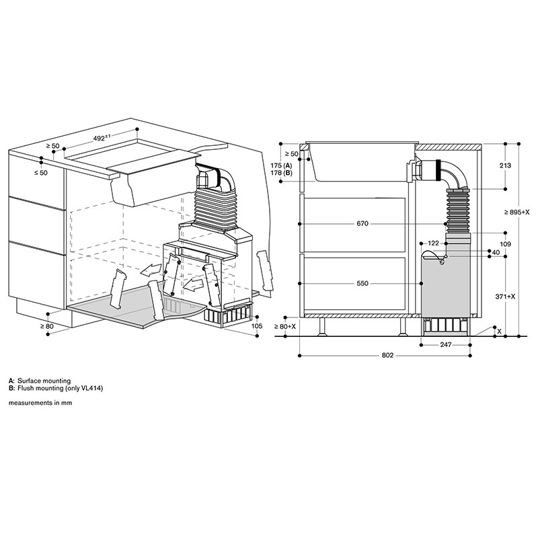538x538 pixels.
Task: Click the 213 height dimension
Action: click(x=506, y=165)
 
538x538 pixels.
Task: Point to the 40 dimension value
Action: click(x=495, y=253)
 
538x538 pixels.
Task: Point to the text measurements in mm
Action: click(x=40, y=403)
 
